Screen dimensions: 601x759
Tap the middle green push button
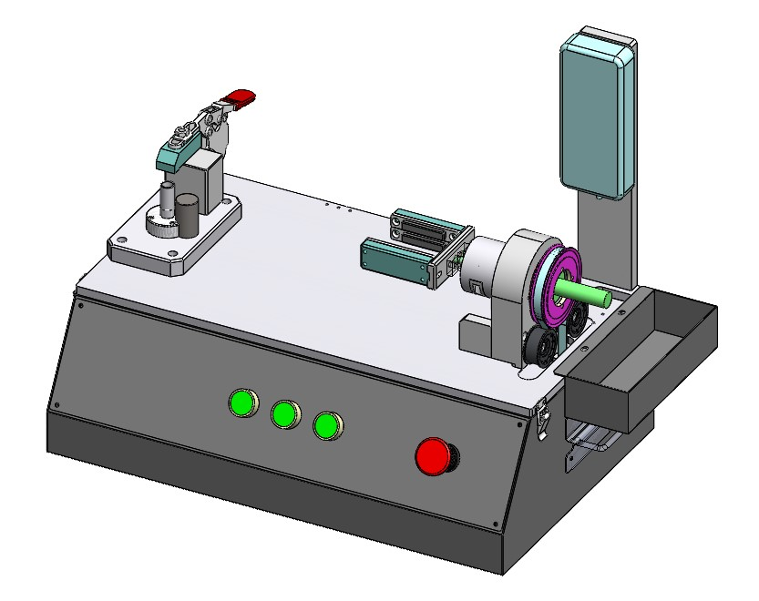284,414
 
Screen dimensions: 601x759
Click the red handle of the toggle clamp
241,97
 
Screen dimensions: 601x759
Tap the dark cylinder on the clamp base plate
188,213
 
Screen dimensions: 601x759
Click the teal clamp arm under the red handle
174,155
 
